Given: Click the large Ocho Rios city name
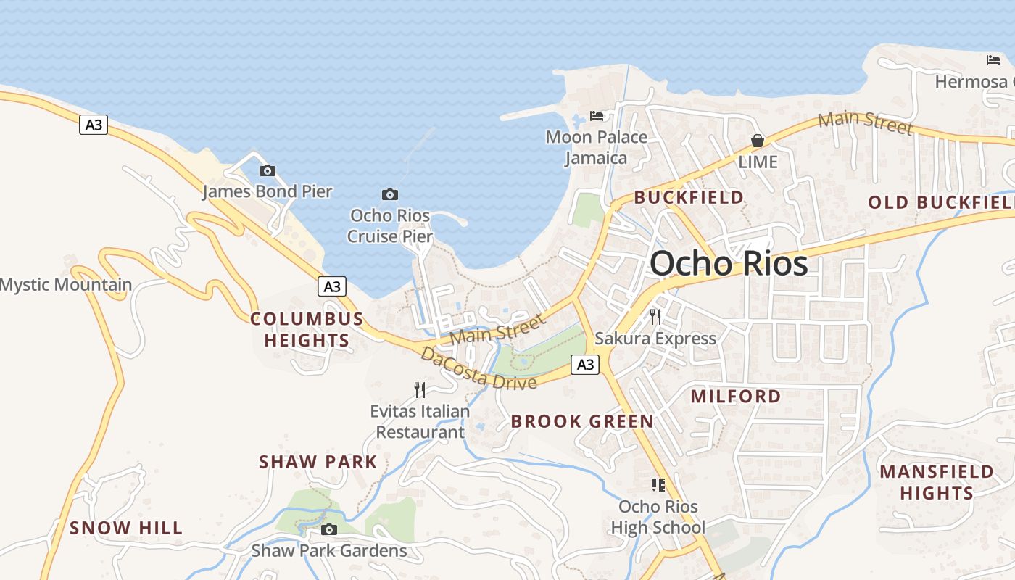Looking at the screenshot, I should pos(729,263).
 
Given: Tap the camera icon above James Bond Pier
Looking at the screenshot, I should pos(268,170).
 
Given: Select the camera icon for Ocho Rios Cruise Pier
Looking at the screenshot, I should pos(390,194).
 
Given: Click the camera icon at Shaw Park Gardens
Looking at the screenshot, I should pos(329,529).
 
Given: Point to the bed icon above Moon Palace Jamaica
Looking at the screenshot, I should pos(597,115).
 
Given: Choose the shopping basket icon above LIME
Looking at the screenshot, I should pos(758,140).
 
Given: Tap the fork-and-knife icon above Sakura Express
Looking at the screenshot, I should pos(655,316).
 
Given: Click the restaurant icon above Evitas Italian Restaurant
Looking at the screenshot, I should pos(420,390).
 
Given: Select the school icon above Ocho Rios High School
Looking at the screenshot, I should pos(658,484).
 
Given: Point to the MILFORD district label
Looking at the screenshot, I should pos(736,396).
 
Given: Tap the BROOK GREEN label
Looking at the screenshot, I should pos(582,421).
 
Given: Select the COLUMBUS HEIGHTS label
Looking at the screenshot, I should pos(307,330).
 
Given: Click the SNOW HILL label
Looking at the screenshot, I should pos(126,528).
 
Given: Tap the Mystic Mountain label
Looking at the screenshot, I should pos(66,285).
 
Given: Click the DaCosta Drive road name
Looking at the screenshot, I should pos(478,369).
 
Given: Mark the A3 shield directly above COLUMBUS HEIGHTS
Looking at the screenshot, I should pos(331,286).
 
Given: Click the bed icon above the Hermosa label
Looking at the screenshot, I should pos(993,59).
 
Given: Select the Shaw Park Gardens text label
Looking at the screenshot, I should pos(329,550).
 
